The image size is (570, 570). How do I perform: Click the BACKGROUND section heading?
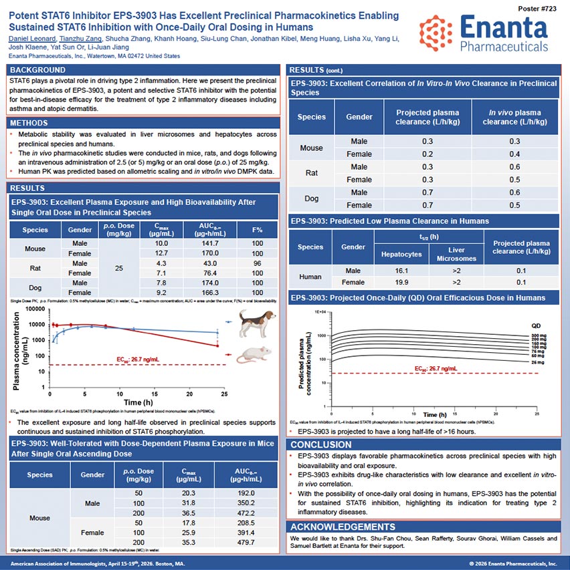pyautogui.click(x=37, y=70)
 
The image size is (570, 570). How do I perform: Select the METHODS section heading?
pyautogui.click(x=29, y=124)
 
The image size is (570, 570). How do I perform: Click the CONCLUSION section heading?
pyautogui.click(x=321, y=445)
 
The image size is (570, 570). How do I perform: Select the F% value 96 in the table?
pyautogui.click(x=257, y=263)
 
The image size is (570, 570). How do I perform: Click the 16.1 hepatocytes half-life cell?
pyautogui.click(x=402, y=271)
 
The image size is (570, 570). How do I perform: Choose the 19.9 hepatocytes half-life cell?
pyautogui.click(x=402, y=282)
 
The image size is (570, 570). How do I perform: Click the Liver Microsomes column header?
pyautogui.click(x=456, y=255)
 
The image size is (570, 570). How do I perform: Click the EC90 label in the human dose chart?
pyautogui.click(x=436, y=368)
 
